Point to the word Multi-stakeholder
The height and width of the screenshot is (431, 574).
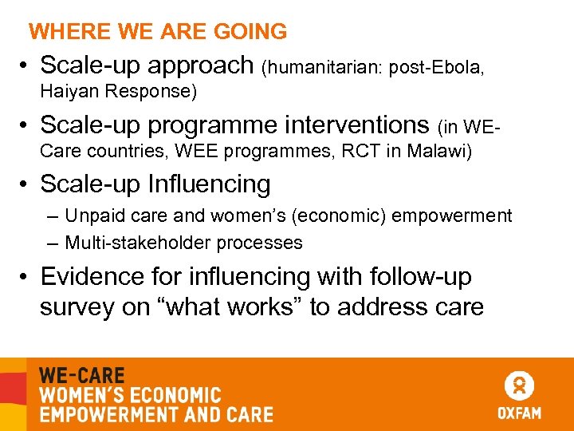click(133, 243)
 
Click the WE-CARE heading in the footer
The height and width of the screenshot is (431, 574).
click(81, 376)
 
